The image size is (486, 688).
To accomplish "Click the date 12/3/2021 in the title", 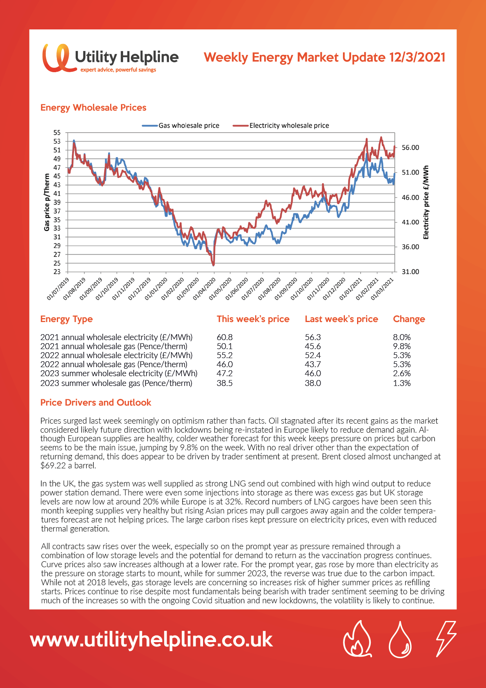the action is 417,57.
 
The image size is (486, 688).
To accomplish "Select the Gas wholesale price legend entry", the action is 181,126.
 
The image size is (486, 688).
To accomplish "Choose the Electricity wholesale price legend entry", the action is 281,126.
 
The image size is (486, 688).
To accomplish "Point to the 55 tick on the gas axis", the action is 57,133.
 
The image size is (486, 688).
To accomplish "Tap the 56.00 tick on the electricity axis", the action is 410,147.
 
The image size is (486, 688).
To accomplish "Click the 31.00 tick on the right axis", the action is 410,271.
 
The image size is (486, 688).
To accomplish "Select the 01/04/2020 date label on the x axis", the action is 204,289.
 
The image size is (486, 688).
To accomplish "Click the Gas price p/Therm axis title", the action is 47,202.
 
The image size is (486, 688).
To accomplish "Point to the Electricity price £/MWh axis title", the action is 426,202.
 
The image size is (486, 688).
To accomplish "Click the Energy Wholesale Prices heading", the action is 93,107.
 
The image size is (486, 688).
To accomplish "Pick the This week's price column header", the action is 253,319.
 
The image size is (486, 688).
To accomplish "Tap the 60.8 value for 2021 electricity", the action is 225,337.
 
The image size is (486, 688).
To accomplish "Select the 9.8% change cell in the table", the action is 402,346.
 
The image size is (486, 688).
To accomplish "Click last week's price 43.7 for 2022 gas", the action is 313,364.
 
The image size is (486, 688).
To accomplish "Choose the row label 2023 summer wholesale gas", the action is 116,383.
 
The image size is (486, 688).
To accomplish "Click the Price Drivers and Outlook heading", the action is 96,402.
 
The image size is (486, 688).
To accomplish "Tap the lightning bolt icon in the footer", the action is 446,639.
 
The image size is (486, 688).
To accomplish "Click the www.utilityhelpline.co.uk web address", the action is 151,640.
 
